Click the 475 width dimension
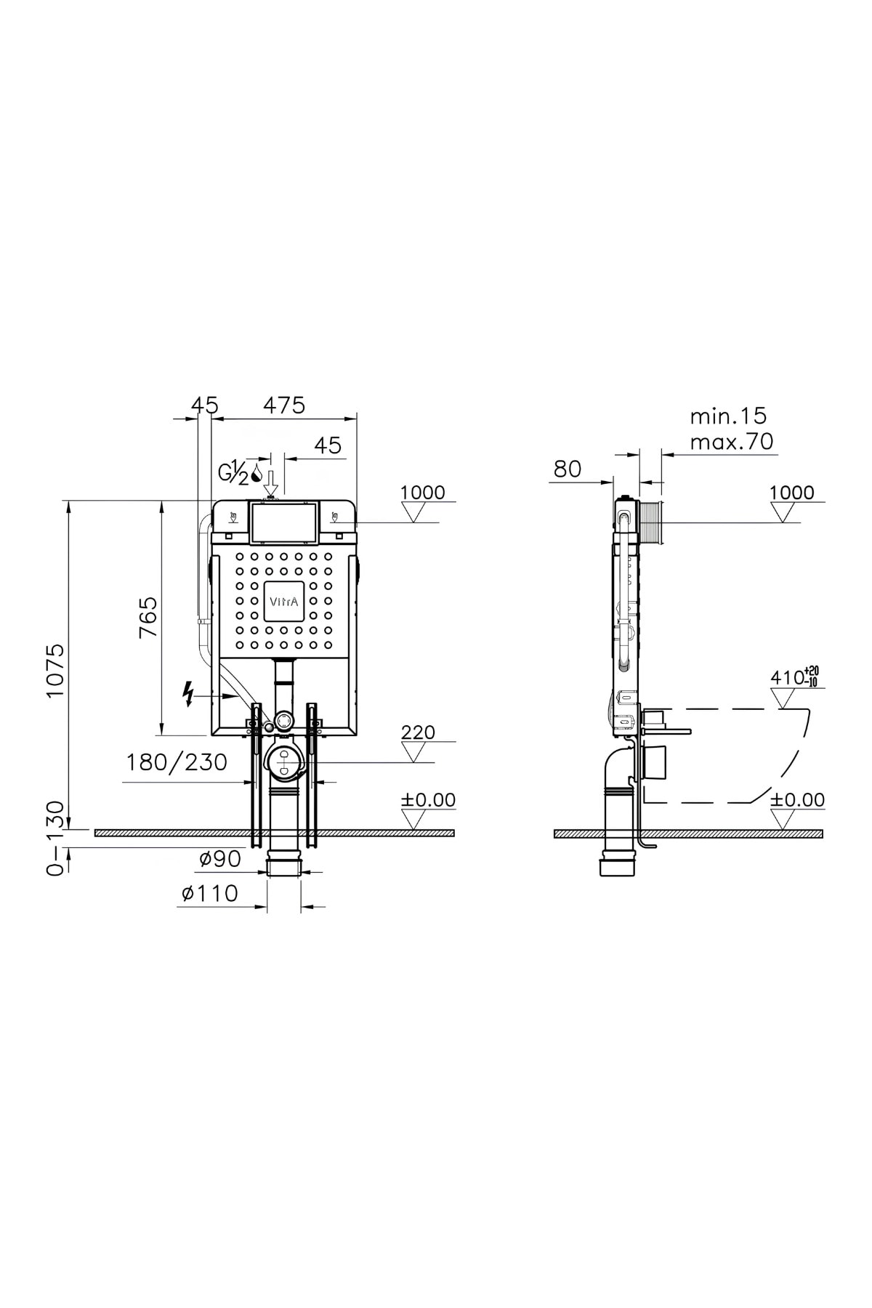pyautogui.click(x=284, y=405)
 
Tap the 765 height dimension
pyautogui.click(x=148, y=617)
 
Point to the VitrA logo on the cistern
pyautogui.click(x=284, y=601)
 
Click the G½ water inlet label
pyautogui.click(x=233, y=472)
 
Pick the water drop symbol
pyautogui.click(x=256, y=477)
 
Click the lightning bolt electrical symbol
pyautogui.click(x=189, y=694)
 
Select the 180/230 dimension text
pyautogui.click(x=177, y=762)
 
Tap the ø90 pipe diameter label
pyautogui.click(x=220, y=859)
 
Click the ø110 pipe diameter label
pyautogui.click(x=210, y=893)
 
